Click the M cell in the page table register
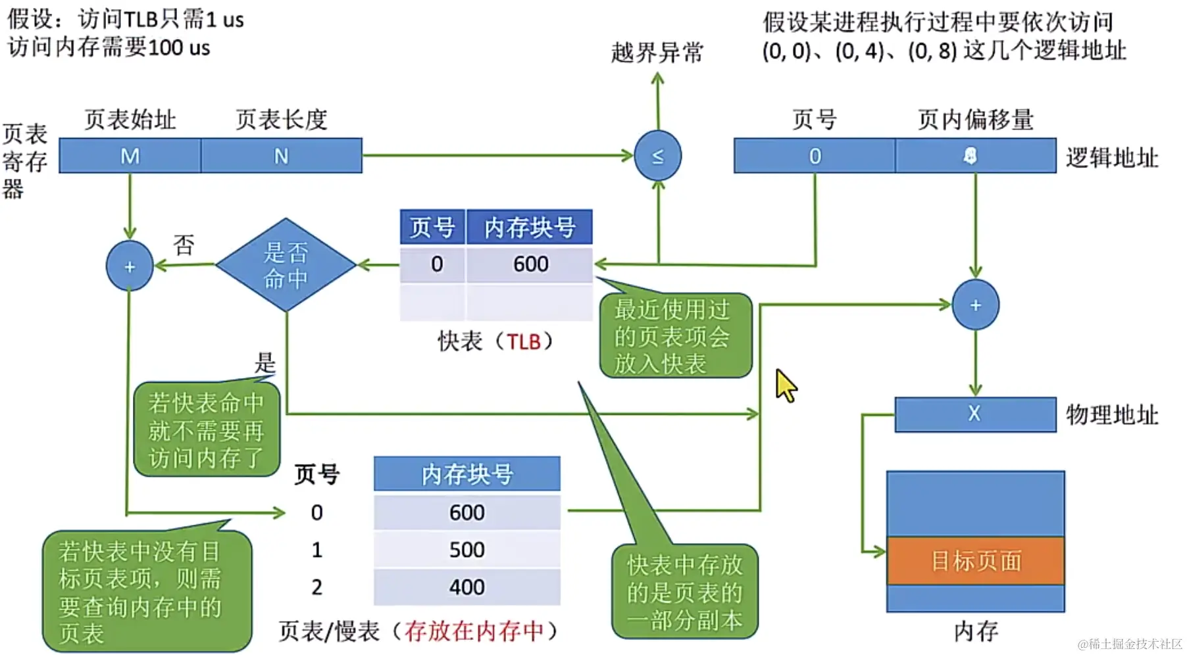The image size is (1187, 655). tap(130, 156)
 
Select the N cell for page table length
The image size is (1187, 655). tap(281, 156)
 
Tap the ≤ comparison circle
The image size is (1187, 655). tap(657, 156)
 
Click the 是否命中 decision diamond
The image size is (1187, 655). tap(286, 265)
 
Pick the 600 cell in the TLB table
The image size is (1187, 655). tap(530, 264)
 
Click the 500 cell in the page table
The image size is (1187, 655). tap(467, 550)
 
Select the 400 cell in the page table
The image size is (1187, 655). tap(467, 587)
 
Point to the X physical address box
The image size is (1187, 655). tap(974, 414)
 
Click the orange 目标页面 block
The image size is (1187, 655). tap(975, 561)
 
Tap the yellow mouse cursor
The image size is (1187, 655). tap(785, 385)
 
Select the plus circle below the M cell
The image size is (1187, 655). tap(130, 266)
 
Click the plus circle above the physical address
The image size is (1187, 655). tap(975, 305)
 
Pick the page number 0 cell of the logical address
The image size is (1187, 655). tap(815, 156)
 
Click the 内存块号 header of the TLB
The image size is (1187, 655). tap(530, 228)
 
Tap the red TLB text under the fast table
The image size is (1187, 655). tap(524, 342)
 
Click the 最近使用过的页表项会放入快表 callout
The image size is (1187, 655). tap(674, 336)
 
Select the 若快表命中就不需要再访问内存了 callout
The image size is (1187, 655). tap(207, 429)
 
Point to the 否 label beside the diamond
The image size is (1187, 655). tap(184, 245)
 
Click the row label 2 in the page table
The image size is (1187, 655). tap(316, 587)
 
